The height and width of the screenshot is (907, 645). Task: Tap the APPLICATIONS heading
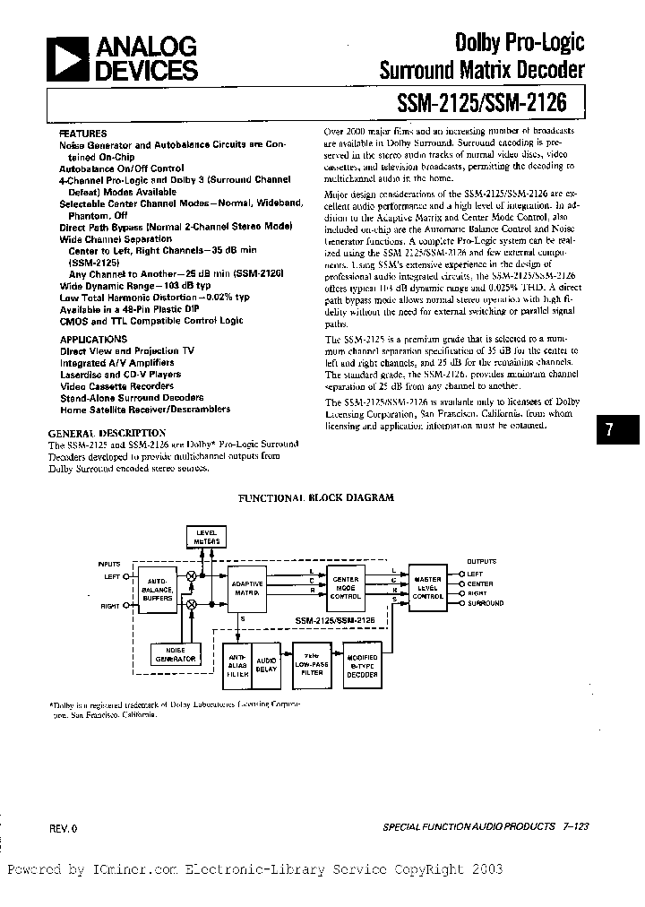[x=93, y=340]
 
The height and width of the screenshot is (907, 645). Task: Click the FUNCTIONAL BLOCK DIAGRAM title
[x=314, y=497]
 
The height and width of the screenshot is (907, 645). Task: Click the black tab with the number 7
[x=608, y=428]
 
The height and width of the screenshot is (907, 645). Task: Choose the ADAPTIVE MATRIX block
[x=248, y=589]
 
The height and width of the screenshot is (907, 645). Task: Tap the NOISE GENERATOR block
[x=176, y=655]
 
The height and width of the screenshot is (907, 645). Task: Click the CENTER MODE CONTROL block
[x=345, y=589]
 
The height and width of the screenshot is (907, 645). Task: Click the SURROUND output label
[x=486, y=604]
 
